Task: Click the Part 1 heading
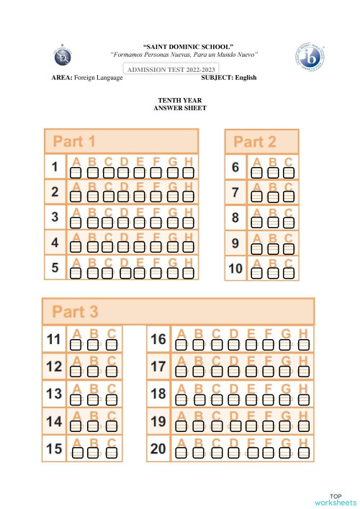pyautogui.click(x=70, y=141)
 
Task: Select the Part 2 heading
pyautogui.click(x=255, y=142)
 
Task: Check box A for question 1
pyautogui.click(x=75, y=173)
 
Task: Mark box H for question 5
pyautogui.click(x=188, y=273)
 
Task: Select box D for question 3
pyautogui.click(x=123, y=223)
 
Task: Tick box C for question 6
pyautogui.click(x=289, y=173)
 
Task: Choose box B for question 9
pyautogui.click(x=272, y=248)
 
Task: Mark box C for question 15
pyautogui.click(x=112, y=453)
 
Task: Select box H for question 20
pyautogui.click(x=303, y=453)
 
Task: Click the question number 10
pyautogui.click(x=235, y=269)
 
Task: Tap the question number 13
pyautogui.click(x=54, y=394)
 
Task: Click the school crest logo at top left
pyautogui.click(x=64, y=55)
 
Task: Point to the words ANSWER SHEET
pyautogui.click(x=179, y=107)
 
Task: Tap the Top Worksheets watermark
pyautogui.click(x=335, y=500)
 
